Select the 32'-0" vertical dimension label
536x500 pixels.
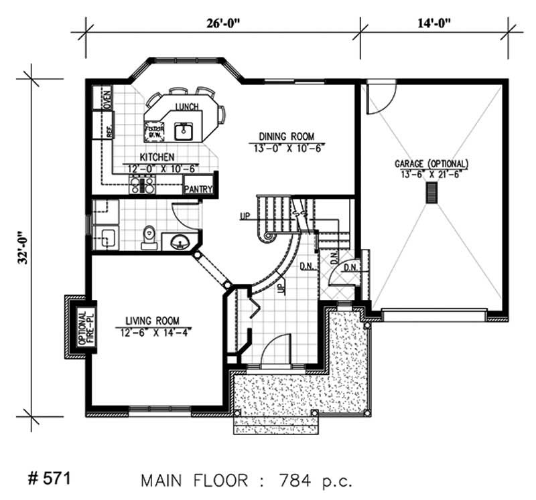[22, 242]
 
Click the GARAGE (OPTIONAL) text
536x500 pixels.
[431, 163]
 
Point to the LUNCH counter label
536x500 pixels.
[186, 107]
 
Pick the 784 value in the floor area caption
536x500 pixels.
[287, 480]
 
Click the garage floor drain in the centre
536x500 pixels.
[432, 193]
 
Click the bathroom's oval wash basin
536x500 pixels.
[180, 242]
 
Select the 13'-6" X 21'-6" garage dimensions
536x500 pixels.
[431, 173]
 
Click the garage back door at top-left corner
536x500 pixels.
[381, 97]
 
